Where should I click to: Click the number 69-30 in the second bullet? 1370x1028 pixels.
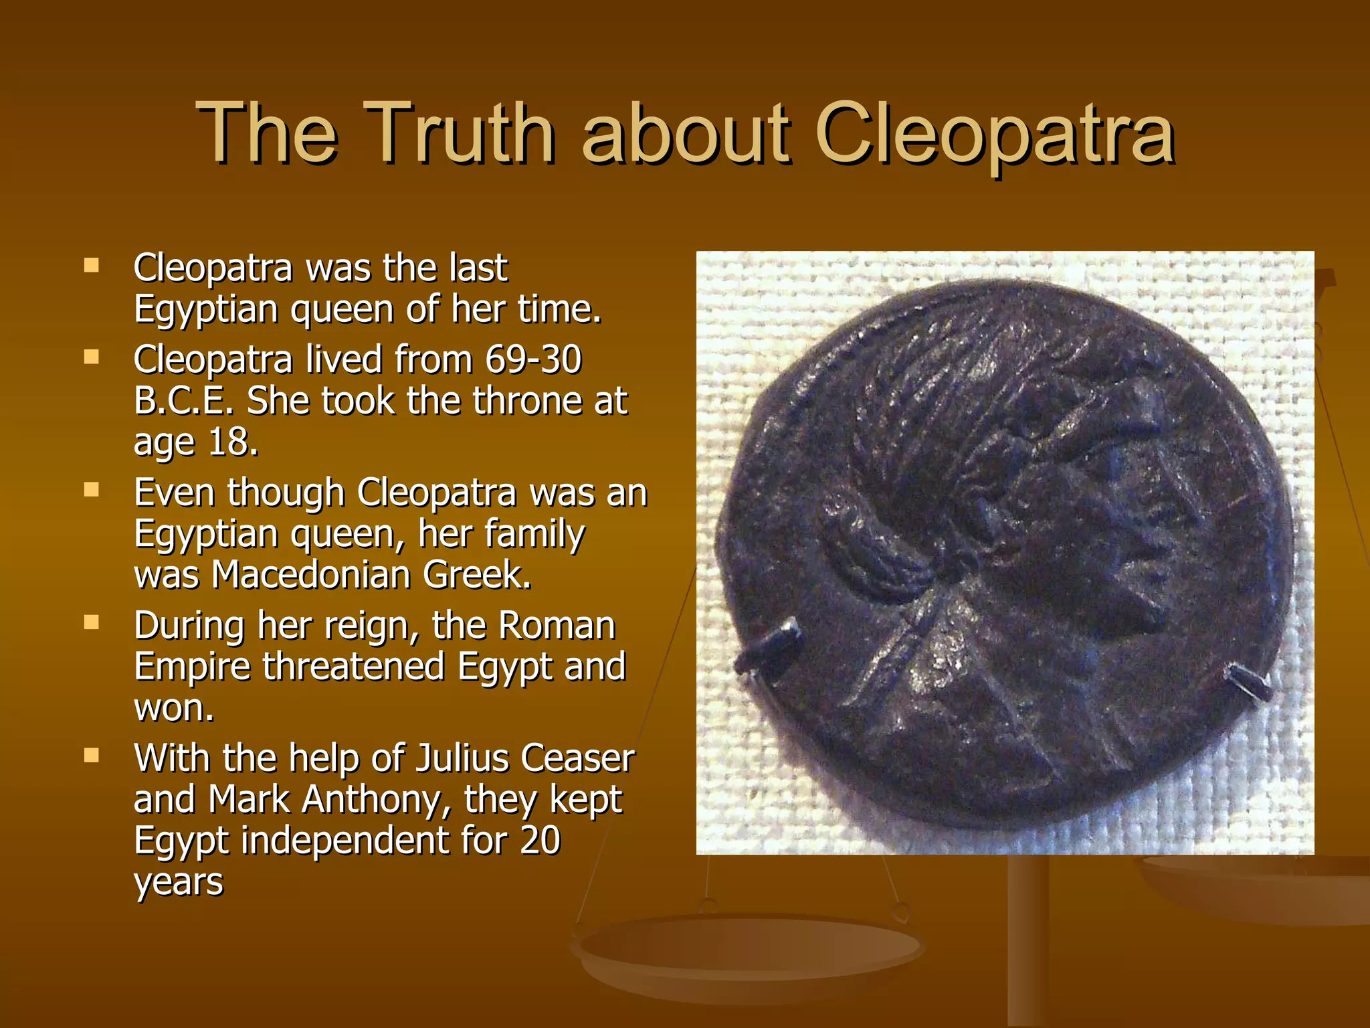pyautogui.click(x=533, y=359)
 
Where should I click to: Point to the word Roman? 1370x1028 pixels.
pyautogui.click(x=557, y=626)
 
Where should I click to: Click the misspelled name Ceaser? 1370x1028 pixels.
pyautogui.click(x=577, y=758)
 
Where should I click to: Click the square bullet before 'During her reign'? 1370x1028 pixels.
pyautogui.click(x=92, y=623)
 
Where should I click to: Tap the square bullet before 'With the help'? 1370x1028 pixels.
pyautogui.click(x=92, y=756)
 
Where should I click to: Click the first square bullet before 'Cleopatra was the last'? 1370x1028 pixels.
pyautogui.click(x=92, y=266)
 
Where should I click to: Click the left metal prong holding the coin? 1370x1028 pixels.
pyautogui.click(x=769, y=648)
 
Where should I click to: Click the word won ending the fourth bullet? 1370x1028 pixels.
pyautogui.click(x=173, y=708)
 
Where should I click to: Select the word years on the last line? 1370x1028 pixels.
pyautogui.click(x=178, y=882)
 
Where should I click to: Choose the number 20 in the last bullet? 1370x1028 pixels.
pyautogui.click(x=539, y=841)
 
